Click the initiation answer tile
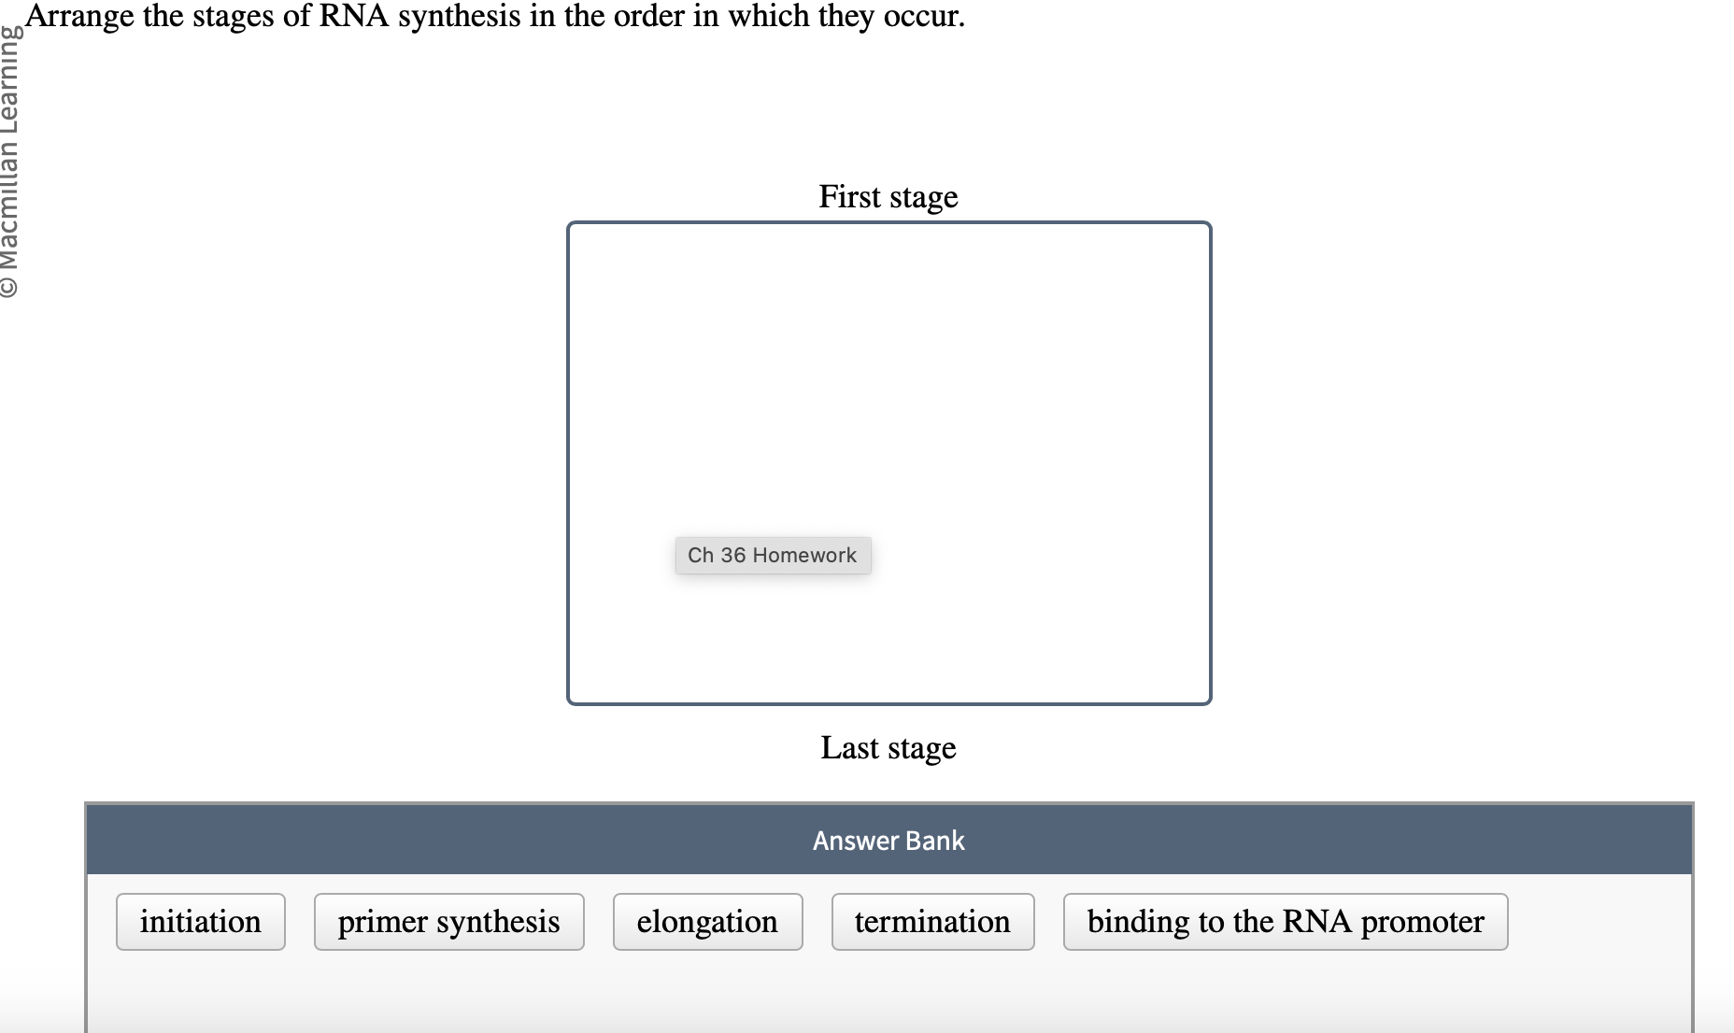(200, 922)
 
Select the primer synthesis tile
(448, 922)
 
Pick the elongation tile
(707, 922)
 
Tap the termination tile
(932, 922)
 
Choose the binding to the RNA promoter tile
(1285, 922)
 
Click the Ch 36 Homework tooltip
(773, 556)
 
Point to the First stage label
(888, 197)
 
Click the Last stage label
(888, 748)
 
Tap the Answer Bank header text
(888, 841)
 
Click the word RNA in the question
(354, 16)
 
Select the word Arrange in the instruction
(79, 16)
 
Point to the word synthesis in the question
(459, 16)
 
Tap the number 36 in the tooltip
(732, 556)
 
